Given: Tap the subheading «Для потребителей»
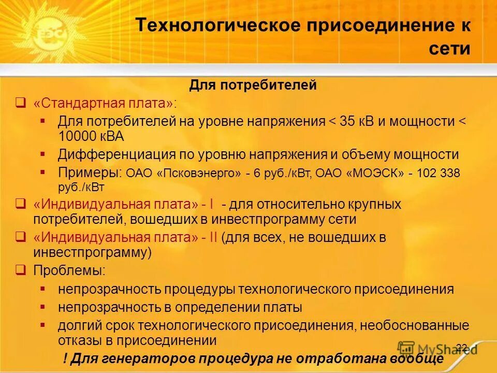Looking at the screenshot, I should (253, 85).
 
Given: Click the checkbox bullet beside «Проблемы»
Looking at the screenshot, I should (20, 270).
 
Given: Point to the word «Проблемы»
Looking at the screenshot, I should (69, 270).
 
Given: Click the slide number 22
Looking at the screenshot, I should (462, 348).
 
